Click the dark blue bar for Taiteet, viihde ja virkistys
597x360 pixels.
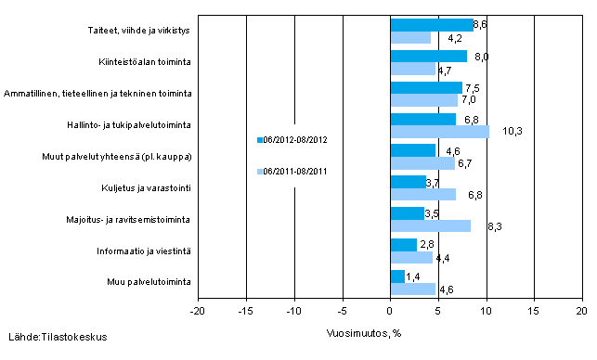pyautogui.click(x=431, y=25)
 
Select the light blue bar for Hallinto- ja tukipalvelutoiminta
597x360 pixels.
pyautogui.click(x=439, y=132)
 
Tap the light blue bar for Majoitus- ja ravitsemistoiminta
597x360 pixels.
pyautogui.click(x=430, y=225)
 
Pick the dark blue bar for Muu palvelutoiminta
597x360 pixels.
pyautogui.click(x=397, y=276)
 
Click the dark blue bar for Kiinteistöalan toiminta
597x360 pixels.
pyautogui.click(x=428, y=57)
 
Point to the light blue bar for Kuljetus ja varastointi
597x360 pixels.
pyautogui.click(x=422, y=194)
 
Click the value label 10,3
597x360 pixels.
pyautogui.click(x=513, y=132)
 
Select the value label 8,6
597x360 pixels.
pyautogui.click(x=481, y=23)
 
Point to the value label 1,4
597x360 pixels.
pyautogui.click(x=412, y=276)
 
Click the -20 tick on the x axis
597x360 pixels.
pyautogui.click(x=198, y=310)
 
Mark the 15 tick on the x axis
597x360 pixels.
pyautogui.click(x=534, y=310)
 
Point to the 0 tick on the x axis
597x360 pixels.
pyautogui.click(x=390, y=310)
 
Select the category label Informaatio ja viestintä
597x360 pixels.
pyautogui.click(x=146, y=251)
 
